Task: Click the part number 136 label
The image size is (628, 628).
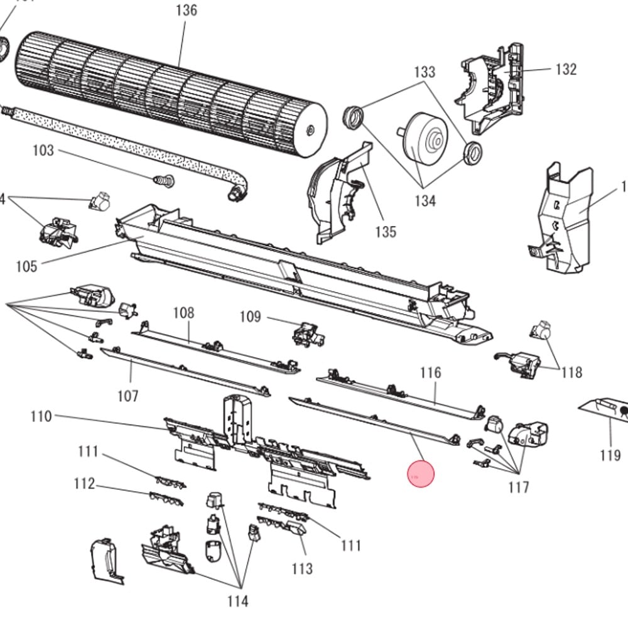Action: pyautogui.click(x=187, y=10)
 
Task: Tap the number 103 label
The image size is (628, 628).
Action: pyautogui.click(x=43, y=151)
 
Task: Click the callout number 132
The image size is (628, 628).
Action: pyautogui.click(x=566, y=69)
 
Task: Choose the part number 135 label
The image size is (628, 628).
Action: pyautogui.click(x=386, y=232)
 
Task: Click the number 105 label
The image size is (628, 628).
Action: pyautogui.click(x=26, y=266)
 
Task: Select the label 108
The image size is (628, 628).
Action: pyautogui.click(x=183, y=313)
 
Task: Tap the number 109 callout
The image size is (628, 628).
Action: pyautogui.click(x=250, y=316)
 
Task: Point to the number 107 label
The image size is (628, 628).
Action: pyautogui.click(x=127, y=396)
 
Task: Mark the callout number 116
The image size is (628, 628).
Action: pyautogui.click(x=431, y=373)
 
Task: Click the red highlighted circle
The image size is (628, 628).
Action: pyautogui.click(x=421, y=474)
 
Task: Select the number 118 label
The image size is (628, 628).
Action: pyautogui.click(x=571, y=372)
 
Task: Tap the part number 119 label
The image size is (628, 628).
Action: pyautogui.click(x=610, y=455)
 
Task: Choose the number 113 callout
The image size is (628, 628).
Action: pyautogui.click(x=302, y=569)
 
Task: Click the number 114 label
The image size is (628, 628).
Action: pyautogui.click(x=237, y=602)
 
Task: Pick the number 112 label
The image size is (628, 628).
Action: pyautogui.click(x=84, y=484)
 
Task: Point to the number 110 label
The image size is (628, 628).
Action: pyautogui.click(x=41, y=416)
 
